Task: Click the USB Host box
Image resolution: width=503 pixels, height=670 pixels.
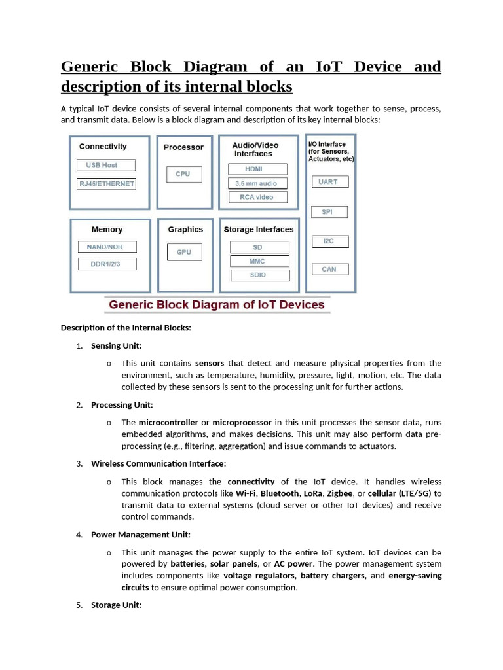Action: click(106, 165)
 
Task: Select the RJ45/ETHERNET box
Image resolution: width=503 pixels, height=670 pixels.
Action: click(106, 184)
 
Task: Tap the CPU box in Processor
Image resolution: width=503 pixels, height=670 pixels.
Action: click(183, 174)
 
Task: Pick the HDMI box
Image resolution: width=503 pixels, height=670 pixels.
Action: click(257, 169)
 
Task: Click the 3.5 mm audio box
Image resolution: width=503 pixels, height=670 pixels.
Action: click(257, 183)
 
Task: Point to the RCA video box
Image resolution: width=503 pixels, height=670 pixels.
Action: click(257, 197)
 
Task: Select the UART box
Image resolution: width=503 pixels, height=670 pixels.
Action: click(329, 182)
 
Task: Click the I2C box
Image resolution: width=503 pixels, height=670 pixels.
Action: click(329, 241)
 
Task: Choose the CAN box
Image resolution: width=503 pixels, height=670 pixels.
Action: click(329, 269)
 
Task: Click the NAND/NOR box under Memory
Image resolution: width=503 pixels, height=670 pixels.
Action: click(105, 247)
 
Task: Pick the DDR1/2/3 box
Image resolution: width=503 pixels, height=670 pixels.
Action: click(105, 264)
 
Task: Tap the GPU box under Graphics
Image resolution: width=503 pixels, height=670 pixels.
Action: click(184, 252)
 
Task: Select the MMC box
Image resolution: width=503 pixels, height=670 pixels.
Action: click(258, 261)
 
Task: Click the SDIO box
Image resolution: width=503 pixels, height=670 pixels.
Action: click(258, 275)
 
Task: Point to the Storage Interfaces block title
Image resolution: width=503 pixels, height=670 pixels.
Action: click(259, 230)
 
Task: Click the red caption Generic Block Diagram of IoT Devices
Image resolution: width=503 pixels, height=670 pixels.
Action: click(217, 304)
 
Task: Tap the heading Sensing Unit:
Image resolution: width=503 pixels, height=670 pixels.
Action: click(116, 345)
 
